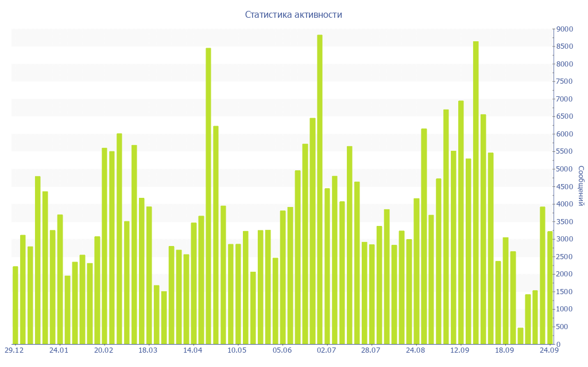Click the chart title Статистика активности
point(293,15)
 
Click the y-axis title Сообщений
point(581,186)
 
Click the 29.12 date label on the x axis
point(14,350)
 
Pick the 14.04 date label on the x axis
point(192,350)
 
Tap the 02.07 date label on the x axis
point(326,350)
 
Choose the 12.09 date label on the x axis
point(460,350)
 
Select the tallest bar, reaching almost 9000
point(320,189)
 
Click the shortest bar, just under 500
point(520,336)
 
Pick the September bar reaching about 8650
point(476,193)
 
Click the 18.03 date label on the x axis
point(148,350)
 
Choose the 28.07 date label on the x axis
point(371,350)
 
